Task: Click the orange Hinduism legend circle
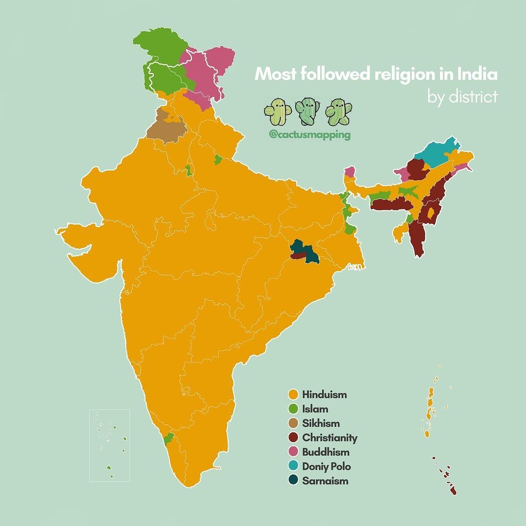[x=293, y=394]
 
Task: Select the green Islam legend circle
[x=293, y=409]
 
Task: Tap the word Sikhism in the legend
[x=320, y=423]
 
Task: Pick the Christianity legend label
[x=329, y=437]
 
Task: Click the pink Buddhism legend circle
[x=293, y=452]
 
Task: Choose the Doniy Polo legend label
[x=326, y=466]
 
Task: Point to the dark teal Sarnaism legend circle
[x=293, y=481]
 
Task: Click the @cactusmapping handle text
[x=309, y=135]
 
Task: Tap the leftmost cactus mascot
[x=277, y=112]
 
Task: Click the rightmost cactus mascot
[x=338, y=112]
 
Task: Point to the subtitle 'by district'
[x=462, y=96]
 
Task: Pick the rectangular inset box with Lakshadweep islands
[x=110, y=445]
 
